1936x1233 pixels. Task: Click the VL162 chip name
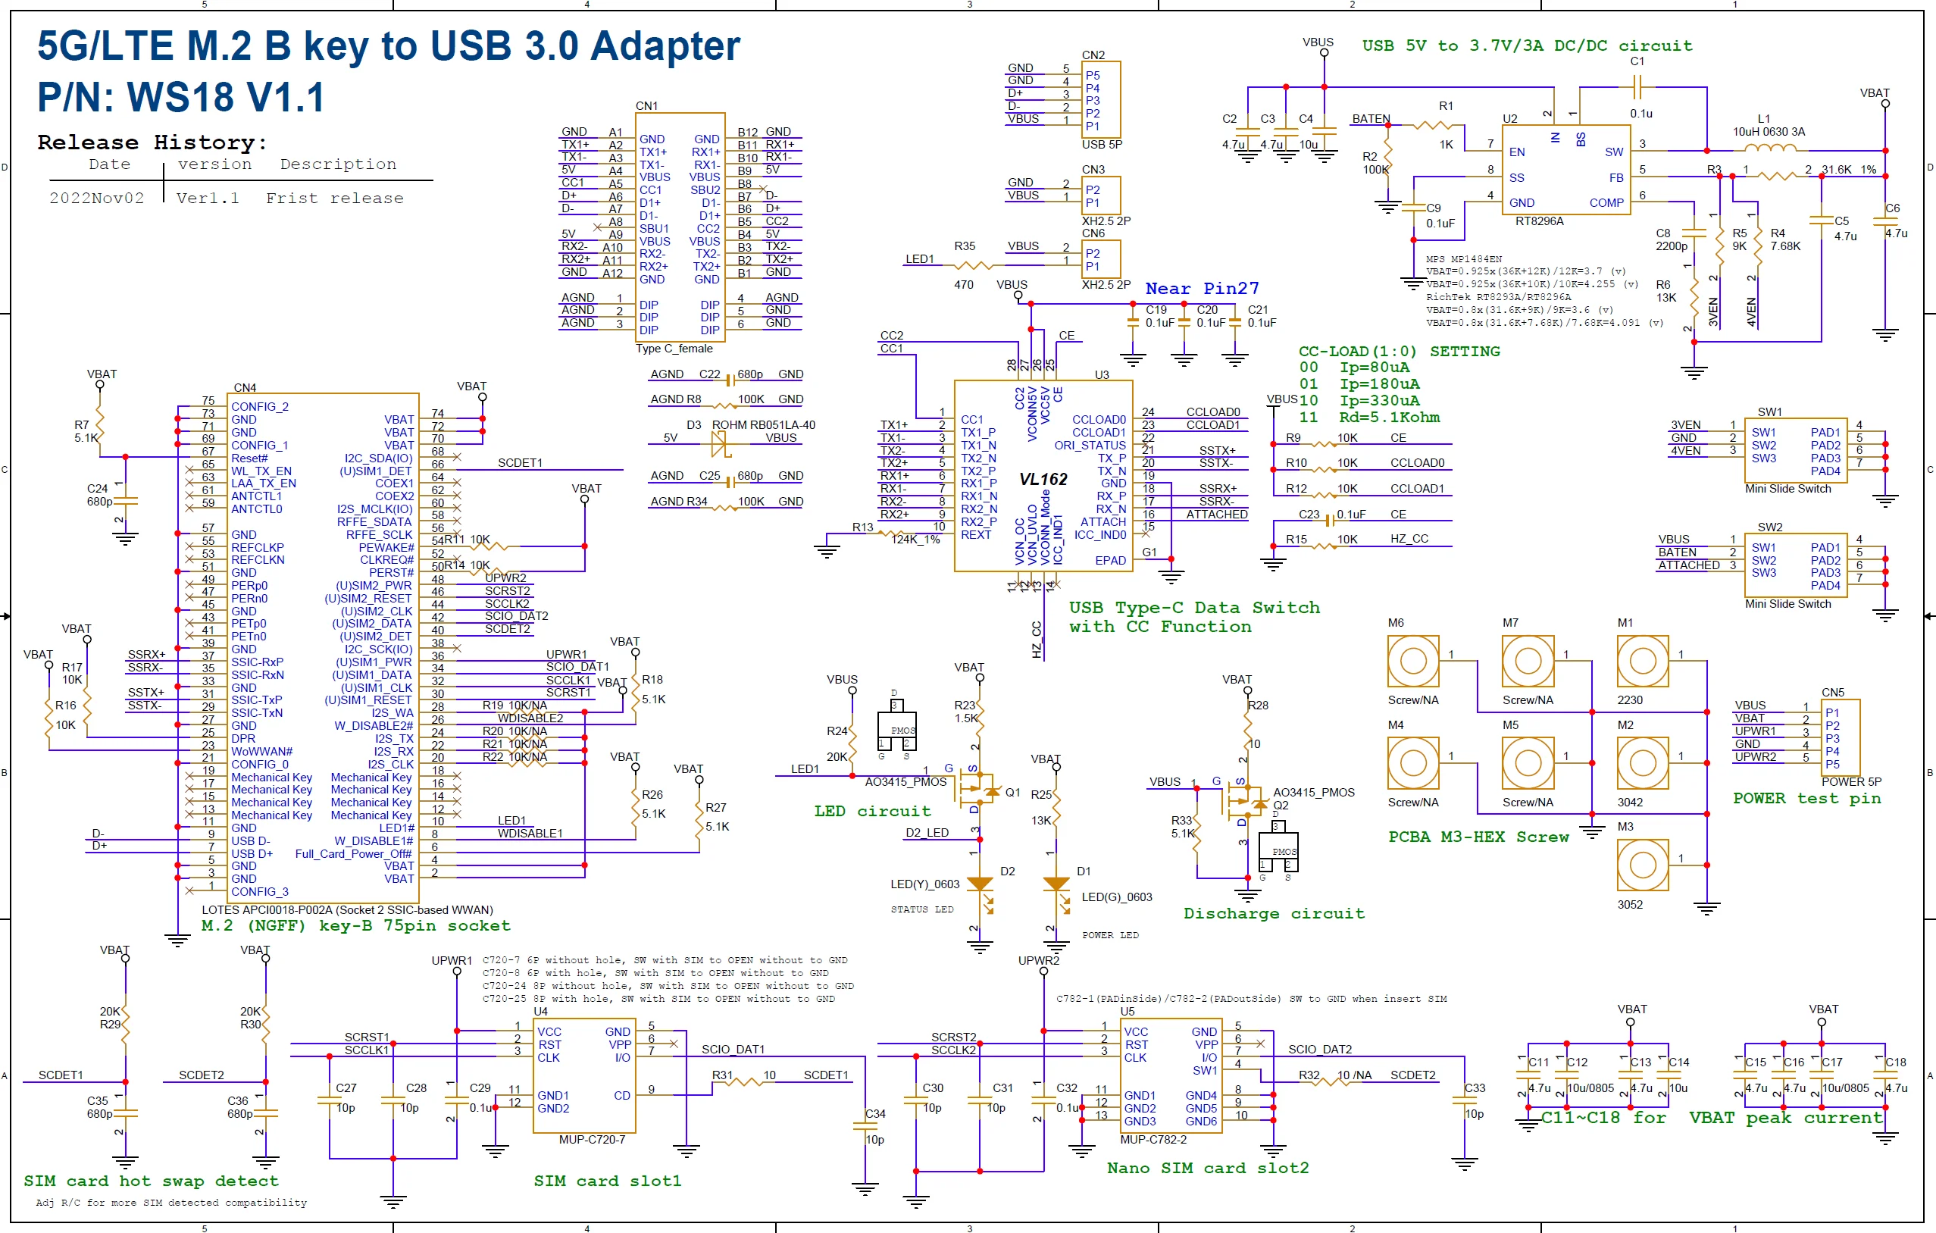(x=1043, y=480)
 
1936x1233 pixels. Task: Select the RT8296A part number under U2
(x=1539, y=221)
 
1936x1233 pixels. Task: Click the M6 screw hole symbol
(x=1412, y=661)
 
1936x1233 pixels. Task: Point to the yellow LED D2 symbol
(x=979, y=884)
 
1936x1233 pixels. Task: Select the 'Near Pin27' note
(x=1201, y=289)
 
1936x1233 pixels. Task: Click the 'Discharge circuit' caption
(x=1274, y=914)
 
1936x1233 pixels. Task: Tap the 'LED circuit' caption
(x=871, y=812)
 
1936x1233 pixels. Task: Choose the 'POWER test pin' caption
(x=1806, y=799)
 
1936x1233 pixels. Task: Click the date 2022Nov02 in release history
(x=96, y=199)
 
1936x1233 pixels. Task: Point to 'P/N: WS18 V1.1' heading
(x=181, y=97)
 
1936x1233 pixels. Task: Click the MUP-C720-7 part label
(x=592, y=1140)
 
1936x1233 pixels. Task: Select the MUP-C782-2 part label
(x=1153, y=1140)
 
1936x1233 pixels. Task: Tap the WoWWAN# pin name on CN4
(x=261, y=752)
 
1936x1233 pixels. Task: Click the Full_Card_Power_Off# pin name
(x=353, y=854)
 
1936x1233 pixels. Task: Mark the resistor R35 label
(x=964, y=246)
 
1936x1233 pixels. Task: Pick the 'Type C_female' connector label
(x=674, y=349)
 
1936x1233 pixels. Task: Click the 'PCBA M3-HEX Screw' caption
(x=1478, y=837)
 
